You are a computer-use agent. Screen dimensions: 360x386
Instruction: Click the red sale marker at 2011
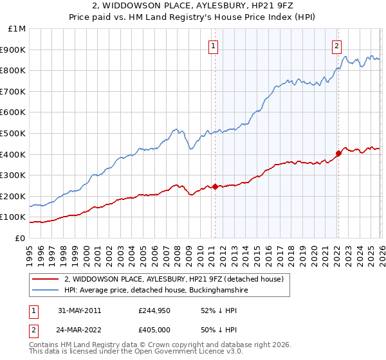pos(215,186)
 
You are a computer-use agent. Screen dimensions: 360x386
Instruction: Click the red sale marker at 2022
pos(338,153)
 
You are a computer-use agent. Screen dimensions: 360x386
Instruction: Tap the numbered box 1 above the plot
pos(213,45)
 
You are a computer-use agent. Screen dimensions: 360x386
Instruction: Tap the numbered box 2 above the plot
pos(336,45)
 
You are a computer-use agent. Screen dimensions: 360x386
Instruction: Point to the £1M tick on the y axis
pos(17,29)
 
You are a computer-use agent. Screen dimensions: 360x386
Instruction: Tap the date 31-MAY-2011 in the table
pos(79,310)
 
